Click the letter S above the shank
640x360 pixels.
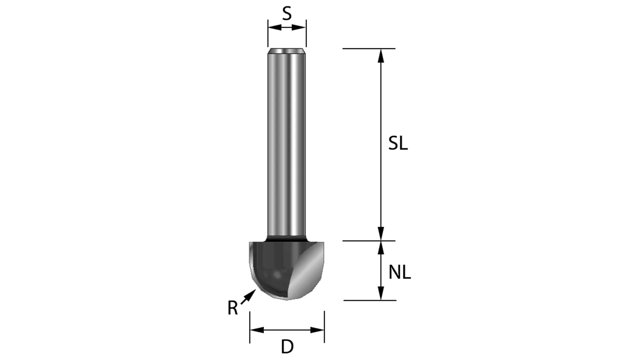pos(287,14)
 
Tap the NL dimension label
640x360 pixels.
pos(399,273)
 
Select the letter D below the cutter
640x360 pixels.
pos(287,347)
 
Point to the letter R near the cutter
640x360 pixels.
pos(233,308)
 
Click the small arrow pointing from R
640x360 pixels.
pos(249,296)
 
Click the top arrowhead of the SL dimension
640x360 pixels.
pos(380,56)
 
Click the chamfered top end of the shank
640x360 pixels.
pos(287,51)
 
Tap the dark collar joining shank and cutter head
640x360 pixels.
pos(287,239)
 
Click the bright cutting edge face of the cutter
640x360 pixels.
pos(306,275)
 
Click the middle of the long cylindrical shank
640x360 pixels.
pos(287,144)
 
